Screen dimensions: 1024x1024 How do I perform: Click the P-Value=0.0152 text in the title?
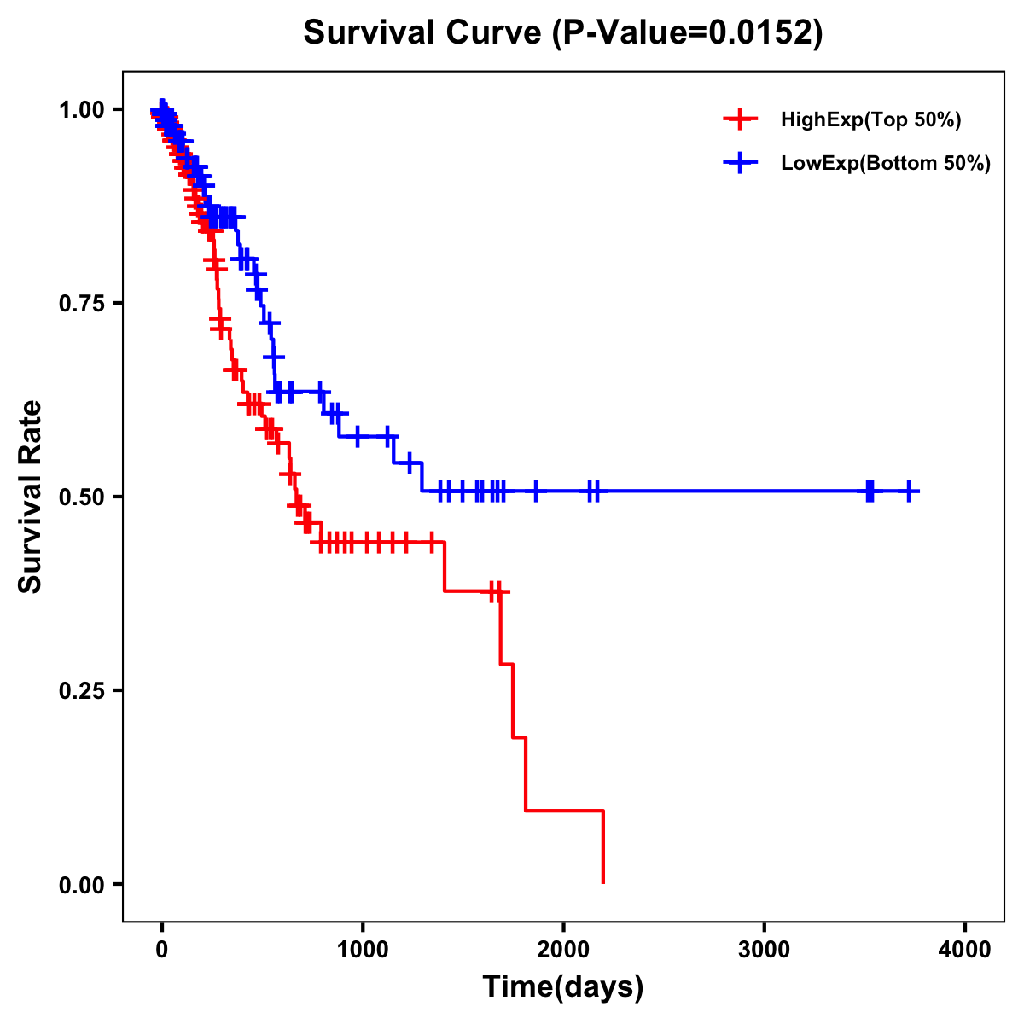click(686, 33)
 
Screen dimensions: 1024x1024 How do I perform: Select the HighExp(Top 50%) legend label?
click(870, 120)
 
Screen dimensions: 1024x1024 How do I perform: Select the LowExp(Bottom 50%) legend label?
click(886, 164)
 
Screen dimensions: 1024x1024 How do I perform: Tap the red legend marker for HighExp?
click(740, 119)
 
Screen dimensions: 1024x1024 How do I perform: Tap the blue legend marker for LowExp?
click(740, 163)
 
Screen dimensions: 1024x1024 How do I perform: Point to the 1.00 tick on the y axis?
click(82, 110)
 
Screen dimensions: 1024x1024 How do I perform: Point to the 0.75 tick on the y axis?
click(82, 304)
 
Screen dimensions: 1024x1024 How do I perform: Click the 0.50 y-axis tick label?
click(82, 497)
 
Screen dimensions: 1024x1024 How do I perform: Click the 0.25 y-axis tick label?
click(82, 691)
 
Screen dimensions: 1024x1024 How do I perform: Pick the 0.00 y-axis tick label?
click(82, 885)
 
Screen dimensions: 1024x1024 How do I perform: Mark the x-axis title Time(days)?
click(563, 987)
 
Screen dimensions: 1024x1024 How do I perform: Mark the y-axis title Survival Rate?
click(31, 497)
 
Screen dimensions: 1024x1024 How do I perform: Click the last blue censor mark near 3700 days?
click(910, 491)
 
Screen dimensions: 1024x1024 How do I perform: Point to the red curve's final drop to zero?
click(603, 849)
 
